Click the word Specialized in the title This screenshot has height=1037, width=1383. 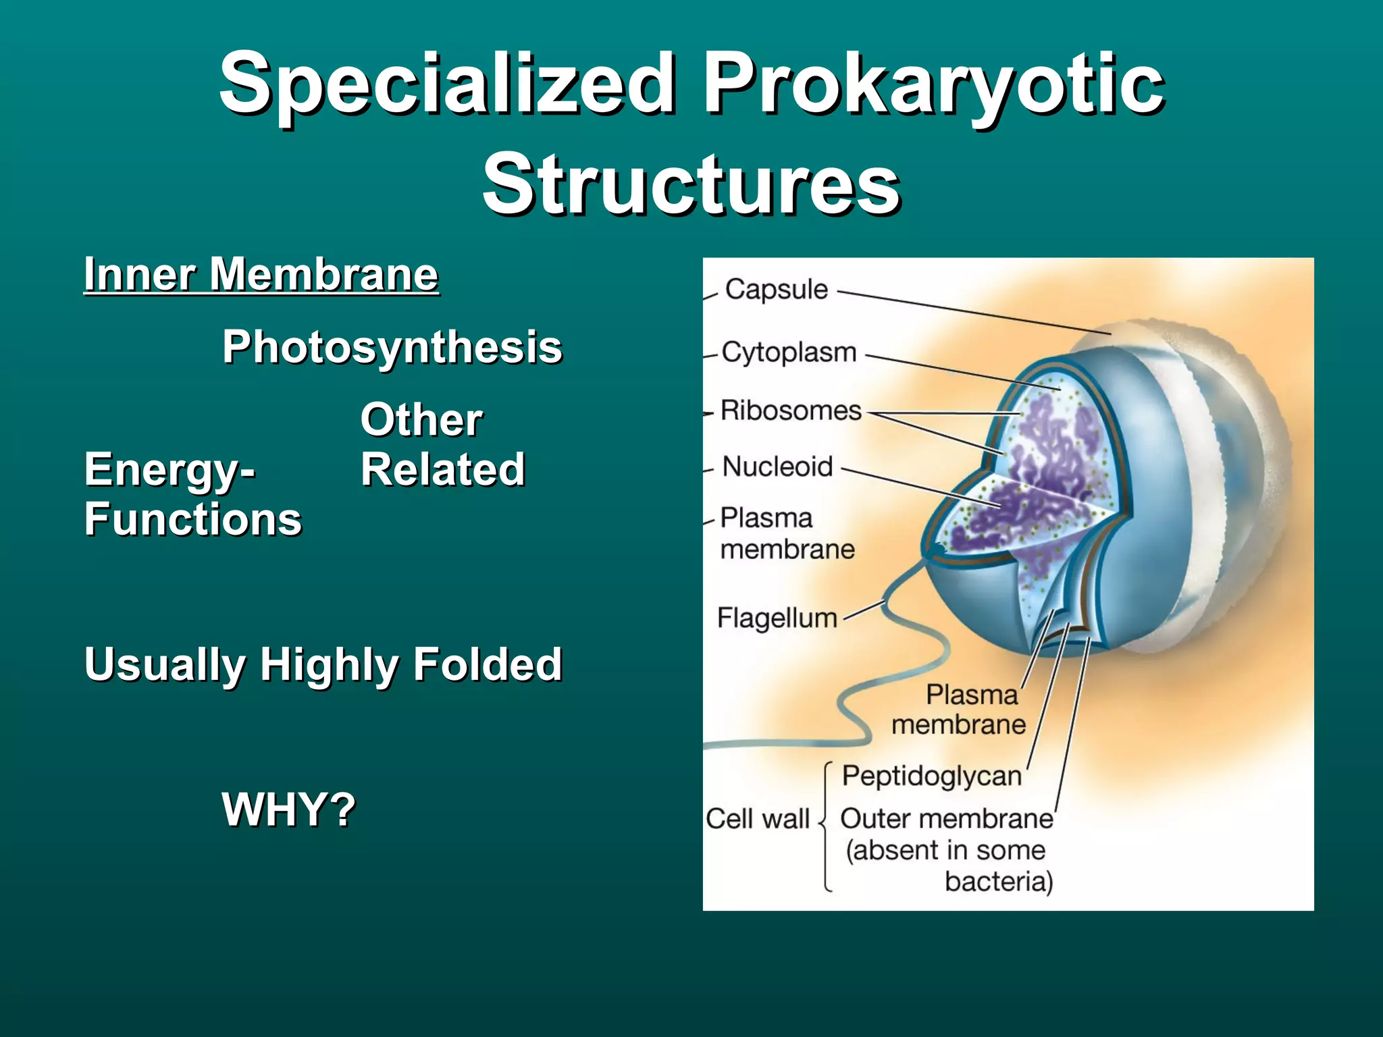pos(446,84)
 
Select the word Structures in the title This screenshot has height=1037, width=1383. pos(691,184)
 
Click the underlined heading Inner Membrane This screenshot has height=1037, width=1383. pos(261,275)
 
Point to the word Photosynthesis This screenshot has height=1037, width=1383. pos(392,347)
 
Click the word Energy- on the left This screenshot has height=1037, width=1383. pos(169,469)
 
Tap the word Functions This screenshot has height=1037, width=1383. pos(193,519)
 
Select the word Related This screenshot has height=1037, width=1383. pos(442,469)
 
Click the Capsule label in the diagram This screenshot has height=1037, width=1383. pos(776,290)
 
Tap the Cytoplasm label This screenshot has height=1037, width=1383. pos(789,352)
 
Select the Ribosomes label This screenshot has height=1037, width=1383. pos(791,410)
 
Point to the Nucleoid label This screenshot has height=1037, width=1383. pos(777,467)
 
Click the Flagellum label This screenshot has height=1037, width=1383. pos(777,618)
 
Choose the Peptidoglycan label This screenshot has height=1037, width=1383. pos(932,776)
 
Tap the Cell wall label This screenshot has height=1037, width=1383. pos(757,819)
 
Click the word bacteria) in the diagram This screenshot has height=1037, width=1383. pos(999,882)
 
